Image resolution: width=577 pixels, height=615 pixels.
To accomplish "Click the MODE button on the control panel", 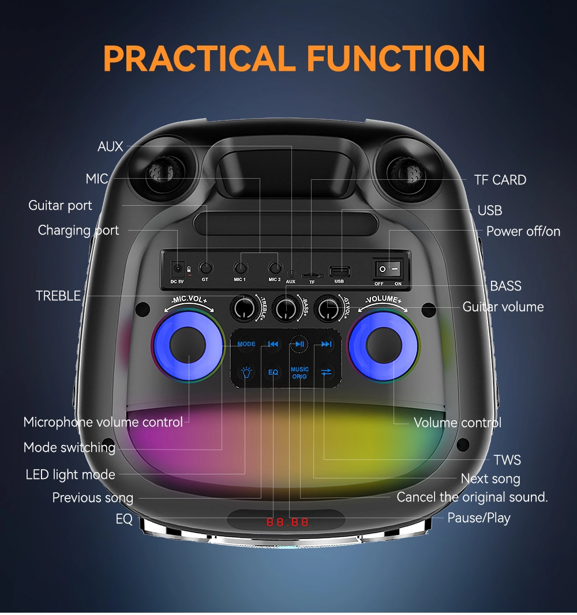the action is (246, 344).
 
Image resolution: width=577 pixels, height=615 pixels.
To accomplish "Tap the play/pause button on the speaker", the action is (299, 344).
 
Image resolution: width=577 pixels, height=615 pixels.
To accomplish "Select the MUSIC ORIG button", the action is (299, 372).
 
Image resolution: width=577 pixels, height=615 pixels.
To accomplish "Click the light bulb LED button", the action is (246, 372).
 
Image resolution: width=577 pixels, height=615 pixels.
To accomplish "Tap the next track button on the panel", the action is (326, 344).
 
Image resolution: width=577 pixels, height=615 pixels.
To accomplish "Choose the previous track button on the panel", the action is (273, 344).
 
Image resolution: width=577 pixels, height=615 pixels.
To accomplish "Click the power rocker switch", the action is (388, 269).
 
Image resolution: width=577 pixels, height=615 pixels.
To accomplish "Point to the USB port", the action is (339, 271).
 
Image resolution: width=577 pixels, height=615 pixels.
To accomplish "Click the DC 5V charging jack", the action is (178, 269).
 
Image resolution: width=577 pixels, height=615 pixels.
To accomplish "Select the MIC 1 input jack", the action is (240, 268).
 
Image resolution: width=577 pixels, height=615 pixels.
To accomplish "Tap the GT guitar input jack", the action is (205, 268).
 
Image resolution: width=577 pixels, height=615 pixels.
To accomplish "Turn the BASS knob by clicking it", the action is (286, 308).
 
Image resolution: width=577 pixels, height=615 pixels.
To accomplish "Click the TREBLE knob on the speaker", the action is (243, 308).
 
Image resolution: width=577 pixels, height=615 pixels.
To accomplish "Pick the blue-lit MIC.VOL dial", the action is (188, 345).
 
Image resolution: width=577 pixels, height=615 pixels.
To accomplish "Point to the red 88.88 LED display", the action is (287, 522).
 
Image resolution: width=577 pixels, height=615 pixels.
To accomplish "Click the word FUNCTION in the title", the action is (396, 58).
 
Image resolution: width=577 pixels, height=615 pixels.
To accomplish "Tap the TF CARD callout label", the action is (500, 180).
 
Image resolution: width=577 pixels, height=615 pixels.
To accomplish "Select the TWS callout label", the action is (507, 460).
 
